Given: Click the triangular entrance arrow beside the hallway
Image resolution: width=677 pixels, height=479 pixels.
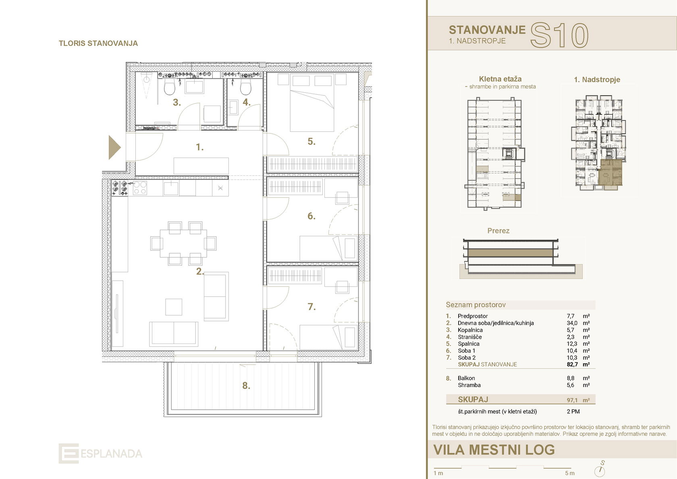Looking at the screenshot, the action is pyautogui.click(x=114, y=147).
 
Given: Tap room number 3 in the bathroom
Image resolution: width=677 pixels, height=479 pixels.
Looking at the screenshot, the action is pyautogui.click(x=177, y=102).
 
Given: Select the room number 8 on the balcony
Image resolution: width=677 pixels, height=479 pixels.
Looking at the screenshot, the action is pyautogui.click(x=246, y=385).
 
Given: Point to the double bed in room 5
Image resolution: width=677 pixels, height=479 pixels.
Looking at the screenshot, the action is pyautogui.click(x=312, y=102).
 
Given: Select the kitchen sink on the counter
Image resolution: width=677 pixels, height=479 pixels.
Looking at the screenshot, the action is pyautogui.click(x=171, y=188).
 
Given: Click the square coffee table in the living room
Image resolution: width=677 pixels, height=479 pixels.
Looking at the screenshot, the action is pyautogui.click(x=174, y=307).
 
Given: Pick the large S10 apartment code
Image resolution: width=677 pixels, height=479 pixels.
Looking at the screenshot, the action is pyautogui.click(x=559, y=35).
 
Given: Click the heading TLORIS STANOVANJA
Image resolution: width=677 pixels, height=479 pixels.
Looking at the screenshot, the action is pyautogui.click(x=98, y=43).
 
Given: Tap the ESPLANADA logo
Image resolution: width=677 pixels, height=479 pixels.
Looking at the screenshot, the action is pyautogui.click(x=100, y=453).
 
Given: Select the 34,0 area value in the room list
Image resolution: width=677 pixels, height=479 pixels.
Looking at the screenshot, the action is pyautogui.click(x=572, y=323).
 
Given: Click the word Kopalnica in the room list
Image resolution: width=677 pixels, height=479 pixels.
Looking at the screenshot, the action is pyautogui.click(x=470, y=330).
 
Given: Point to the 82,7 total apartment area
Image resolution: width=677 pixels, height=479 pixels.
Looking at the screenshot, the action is pyautogui.click(x=572, y=364).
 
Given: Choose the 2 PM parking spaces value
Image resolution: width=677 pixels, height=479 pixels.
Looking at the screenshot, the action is pyautogui.click(x=573, y=411).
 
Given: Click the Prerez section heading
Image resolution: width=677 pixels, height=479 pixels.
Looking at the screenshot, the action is pyautogui.click(x=498, y=231).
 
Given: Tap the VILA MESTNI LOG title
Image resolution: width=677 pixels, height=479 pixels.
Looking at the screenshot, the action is pyautogui.click(x=494, y=450).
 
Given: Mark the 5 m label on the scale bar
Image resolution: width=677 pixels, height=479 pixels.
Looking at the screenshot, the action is pyautogui.click(x=570, y=473).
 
